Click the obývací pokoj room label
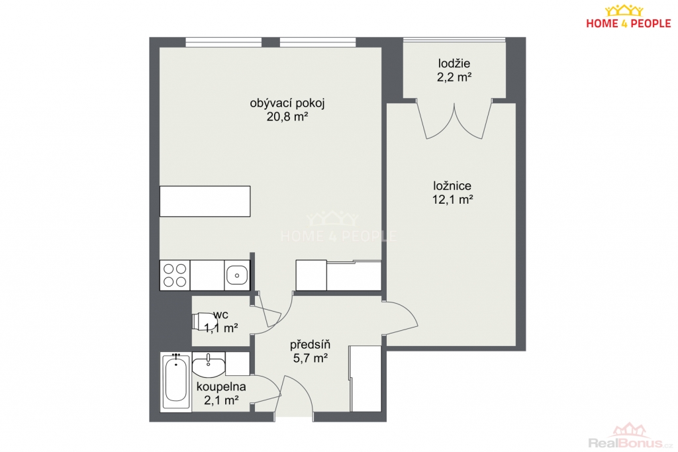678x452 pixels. (287, 104)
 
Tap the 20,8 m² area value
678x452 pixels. (287, 116)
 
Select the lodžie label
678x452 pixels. (454, 64)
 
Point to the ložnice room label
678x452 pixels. (452, 186)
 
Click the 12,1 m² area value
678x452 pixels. (452, 200)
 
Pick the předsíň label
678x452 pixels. (310, 344)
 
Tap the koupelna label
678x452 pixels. (221, 386)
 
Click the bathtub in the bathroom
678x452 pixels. (175, 381)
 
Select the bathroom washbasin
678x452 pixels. (209, 364)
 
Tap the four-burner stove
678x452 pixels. (175, 275)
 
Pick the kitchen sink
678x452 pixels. (237, 275)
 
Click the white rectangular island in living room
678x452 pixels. (205, 201)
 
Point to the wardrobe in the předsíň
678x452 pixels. (365, 379)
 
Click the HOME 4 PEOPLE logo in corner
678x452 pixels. (628, 17)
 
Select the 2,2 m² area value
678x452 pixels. (454, 77)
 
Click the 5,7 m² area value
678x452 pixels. (310, 358)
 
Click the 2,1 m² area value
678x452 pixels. (221, 400)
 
